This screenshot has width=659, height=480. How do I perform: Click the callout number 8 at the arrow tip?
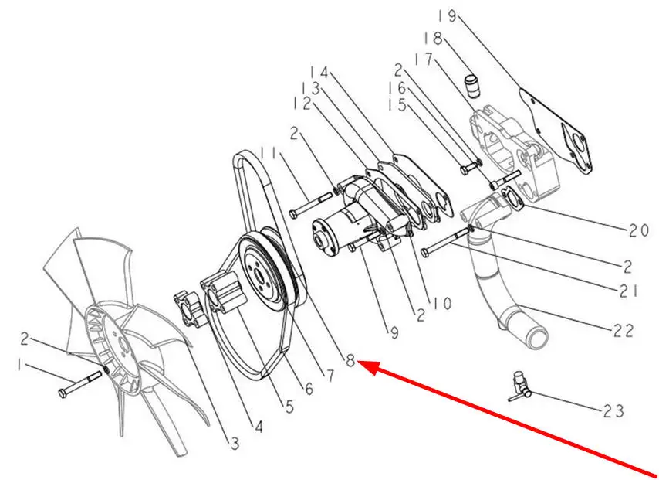point(350,360)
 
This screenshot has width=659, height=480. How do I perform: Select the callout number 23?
point(613,411)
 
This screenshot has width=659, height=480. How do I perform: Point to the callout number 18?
point(433,39)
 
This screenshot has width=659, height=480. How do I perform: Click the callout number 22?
point(623,331)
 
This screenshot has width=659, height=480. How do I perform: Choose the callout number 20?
point(639,230)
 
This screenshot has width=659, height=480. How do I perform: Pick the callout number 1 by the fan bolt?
point(19,365)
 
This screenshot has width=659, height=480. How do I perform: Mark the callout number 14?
point(319,72)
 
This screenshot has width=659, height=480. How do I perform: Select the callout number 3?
point(235,443)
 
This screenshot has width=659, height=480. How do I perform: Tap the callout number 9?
point(394,333)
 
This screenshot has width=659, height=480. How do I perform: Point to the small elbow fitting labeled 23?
point(520,386)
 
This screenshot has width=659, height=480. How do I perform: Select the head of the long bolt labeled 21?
point(425,252)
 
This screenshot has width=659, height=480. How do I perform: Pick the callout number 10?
point(441,304)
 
